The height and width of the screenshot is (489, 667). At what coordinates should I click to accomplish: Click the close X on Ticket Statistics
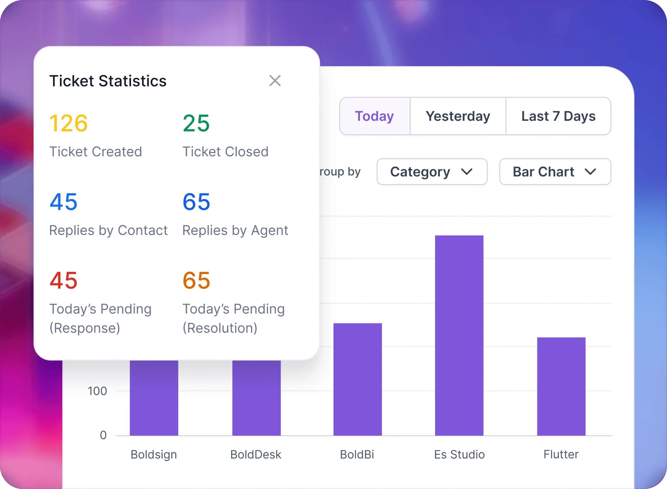pyautogui.click(x=275, y=81)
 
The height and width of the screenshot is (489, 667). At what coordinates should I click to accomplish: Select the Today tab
pyautogui.click(x=374, y=116)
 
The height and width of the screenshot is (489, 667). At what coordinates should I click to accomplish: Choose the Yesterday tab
pyautogui.click(x=458, y=116)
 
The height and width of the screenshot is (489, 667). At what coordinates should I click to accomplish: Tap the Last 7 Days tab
pyautogui.click(x=558, y=116)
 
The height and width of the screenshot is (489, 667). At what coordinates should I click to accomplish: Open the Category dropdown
pyautogui.click(x=432, y=172)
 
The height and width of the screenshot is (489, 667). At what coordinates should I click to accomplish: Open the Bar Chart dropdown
pyautogui.click(x=555, y=172)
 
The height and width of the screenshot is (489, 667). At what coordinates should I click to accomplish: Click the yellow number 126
pyautogui.click(x=68, y=123)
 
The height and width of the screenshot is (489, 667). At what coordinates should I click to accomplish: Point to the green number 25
pyautogui.click(x=196, y=123)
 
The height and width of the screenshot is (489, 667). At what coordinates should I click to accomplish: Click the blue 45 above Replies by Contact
pyautogui.click(x=64, y=202)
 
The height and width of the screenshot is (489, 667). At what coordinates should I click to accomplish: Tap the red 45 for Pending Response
pyautogui.click(x=64, y=280)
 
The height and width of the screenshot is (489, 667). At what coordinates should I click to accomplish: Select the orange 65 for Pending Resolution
pyautogui.click(x=196, y=280)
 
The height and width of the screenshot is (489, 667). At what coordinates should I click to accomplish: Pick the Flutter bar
pyautogui.click(x=561, y=386)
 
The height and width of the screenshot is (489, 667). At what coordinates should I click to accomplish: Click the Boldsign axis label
pyautogui.click(x=154, y=454)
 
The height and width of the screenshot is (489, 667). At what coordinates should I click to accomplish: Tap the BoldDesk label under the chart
pyautogui.click(x=256, y=454)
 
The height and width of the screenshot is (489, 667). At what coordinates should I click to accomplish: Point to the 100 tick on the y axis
pyautogui.click(x=97, y=391)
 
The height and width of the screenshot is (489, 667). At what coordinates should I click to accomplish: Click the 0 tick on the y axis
pyautogui.click(x=103, y=435)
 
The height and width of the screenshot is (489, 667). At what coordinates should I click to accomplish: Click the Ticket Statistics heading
pyautogui.click(x=108, y=81)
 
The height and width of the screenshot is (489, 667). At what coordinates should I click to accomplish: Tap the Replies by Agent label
pyautogui.click(x=235, y=230)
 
